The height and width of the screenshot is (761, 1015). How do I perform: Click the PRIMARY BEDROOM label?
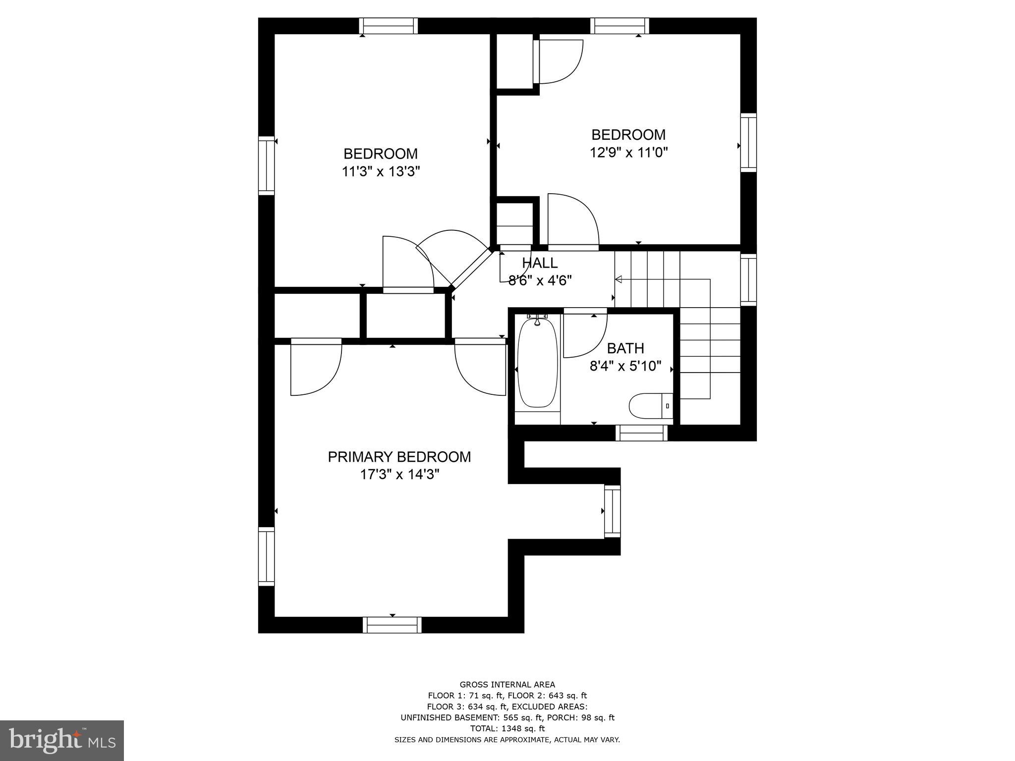(x=399, y=457)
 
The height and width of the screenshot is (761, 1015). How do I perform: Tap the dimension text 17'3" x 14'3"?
(x=399, y=475)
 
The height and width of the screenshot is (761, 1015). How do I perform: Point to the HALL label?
(x=539, y=263)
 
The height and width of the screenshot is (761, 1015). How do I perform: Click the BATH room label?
(x=625, y=348)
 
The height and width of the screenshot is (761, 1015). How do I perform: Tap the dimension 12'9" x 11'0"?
(x=628, y=152)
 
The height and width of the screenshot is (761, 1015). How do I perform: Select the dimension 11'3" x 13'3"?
(x=381, y=171)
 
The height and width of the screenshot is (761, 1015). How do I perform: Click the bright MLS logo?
(x=62, y=740)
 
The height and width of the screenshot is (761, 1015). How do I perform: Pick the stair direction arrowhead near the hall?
(x=618, y=280)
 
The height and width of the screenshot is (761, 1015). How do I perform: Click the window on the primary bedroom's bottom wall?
(x=392, y=625)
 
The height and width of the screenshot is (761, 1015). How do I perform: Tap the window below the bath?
(x=641, y=433)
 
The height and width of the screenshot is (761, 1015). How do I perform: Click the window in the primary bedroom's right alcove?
(x=613, y=511)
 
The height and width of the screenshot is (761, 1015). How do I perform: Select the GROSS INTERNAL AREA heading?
(x=507, y=685)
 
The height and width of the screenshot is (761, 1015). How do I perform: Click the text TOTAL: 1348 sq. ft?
(x=507, y=728)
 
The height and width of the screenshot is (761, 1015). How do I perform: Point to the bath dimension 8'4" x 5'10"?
(x=625, y=366)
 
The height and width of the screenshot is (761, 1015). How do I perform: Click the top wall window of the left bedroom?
(x=388, y=26)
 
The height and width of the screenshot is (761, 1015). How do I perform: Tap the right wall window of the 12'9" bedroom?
(x=748, y=143)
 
